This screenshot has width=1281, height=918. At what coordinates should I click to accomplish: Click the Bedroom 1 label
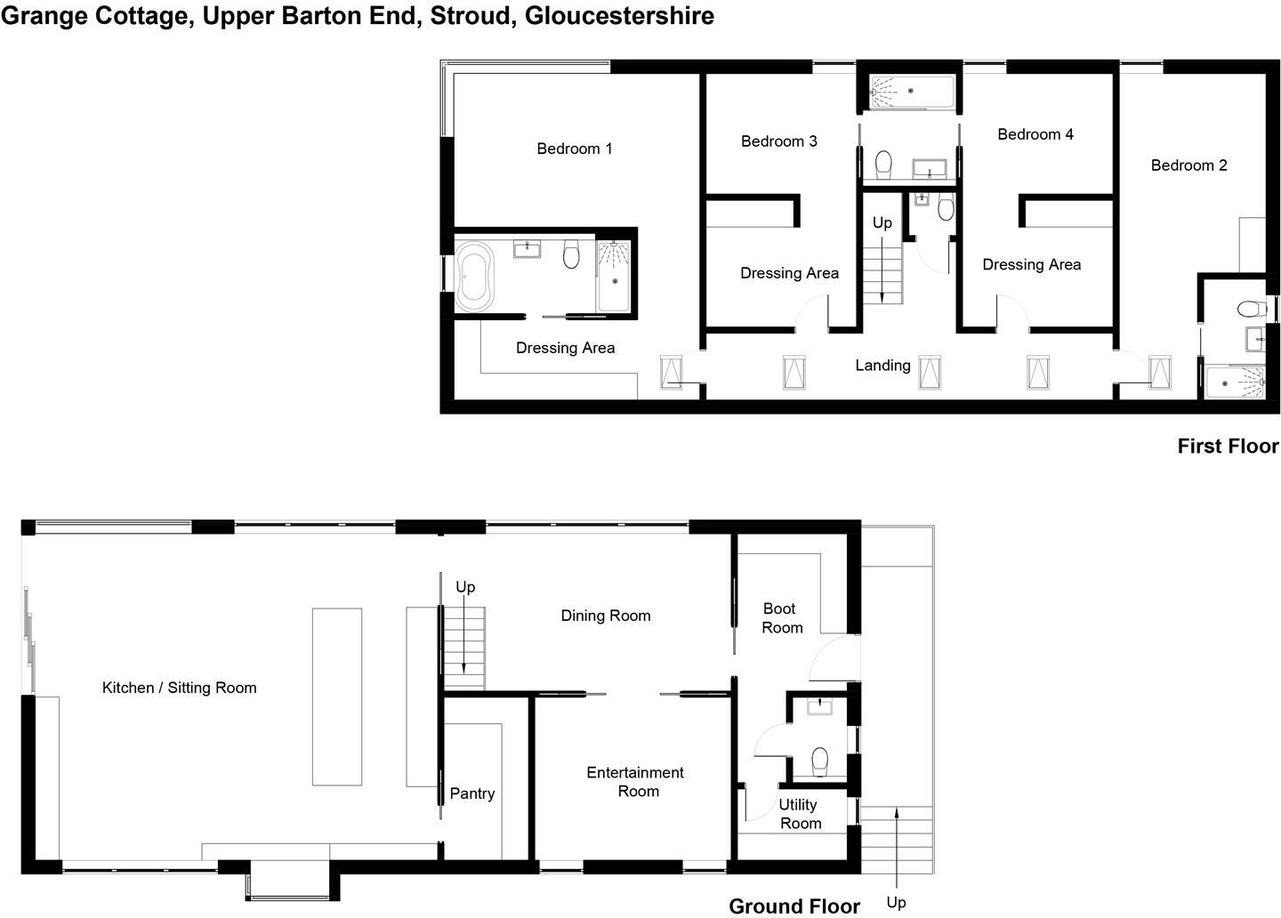574,149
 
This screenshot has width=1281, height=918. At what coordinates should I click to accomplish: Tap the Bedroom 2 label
1188,165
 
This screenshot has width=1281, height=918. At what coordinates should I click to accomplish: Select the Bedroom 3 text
778,141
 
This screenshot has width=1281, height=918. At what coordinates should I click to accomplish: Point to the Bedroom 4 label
1035,134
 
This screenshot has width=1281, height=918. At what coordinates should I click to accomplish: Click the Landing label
882,365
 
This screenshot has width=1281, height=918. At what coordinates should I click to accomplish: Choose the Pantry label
471,793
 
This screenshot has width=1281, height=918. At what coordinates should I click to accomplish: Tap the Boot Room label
782,618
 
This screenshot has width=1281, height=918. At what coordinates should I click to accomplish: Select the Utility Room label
800,814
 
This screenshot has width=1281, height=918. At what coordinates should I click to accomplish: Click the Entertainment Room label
636,782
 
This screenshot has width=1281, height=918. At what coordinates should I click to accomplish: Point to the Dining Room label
605,616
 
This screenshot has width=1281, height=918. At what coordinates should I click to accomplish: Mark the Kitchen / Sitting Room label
179,688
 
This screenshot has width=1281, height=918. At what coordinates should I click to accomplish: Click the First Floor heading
1228,446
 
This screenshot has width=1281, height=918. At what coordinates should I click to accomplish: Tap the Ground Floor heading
794,906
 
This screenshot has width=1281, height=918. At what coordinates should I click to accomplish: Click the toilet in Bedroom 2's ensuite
1252,310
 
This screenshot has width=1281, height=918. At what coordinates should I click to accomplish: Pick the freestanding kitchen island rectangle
337,697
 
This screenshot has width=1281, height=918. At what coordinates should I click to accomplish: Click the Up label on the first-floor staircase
882,222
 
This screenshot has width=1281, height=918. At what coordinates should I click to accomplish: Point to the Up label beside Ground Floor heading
896,902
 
